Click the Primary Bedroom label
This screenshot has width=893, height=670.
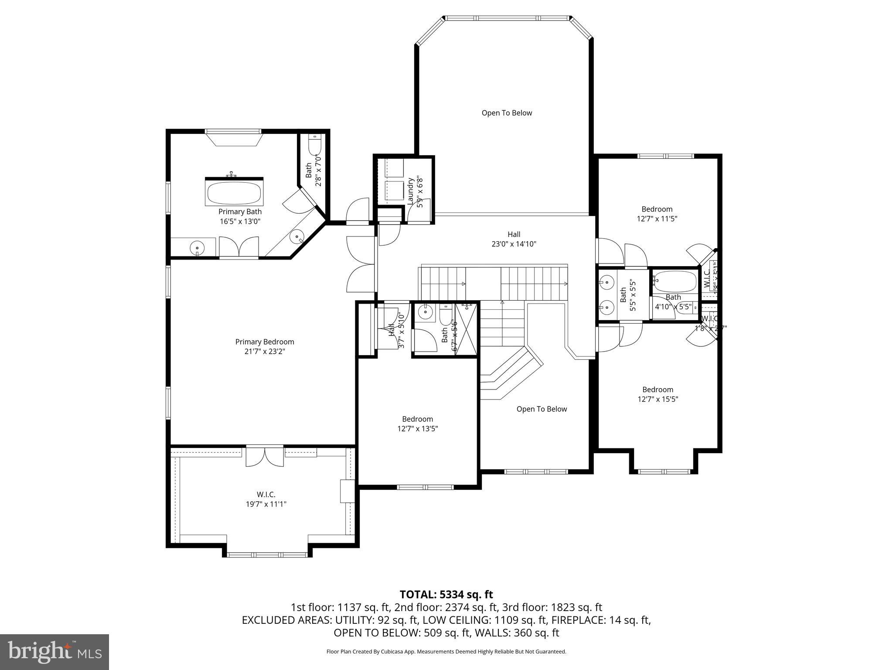[265, 342]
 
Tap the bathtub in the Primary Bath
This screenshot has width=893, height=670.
[234, 193]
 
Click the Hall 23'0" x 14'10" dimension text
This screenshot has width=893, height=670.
[514, 244]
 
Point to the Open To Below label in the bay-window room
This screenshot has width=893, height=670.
[507, 113]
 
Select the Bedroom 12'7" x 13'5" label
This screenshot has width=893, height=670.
[417, 424]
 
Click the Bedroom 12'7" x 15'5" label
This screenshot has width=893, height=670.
[658, 394]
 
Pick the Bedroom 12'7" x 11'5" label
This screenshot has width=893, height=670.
[657, 214]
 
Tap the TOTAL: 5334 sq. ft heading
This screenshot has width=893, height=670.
[446, 594]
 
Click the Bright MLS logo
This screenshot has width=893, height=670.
[55, 652]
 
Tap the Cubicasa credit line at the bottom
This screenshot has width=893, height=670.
[446, 652]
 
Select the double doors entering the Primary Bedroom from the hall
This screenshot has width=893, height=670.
[361, 264]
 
